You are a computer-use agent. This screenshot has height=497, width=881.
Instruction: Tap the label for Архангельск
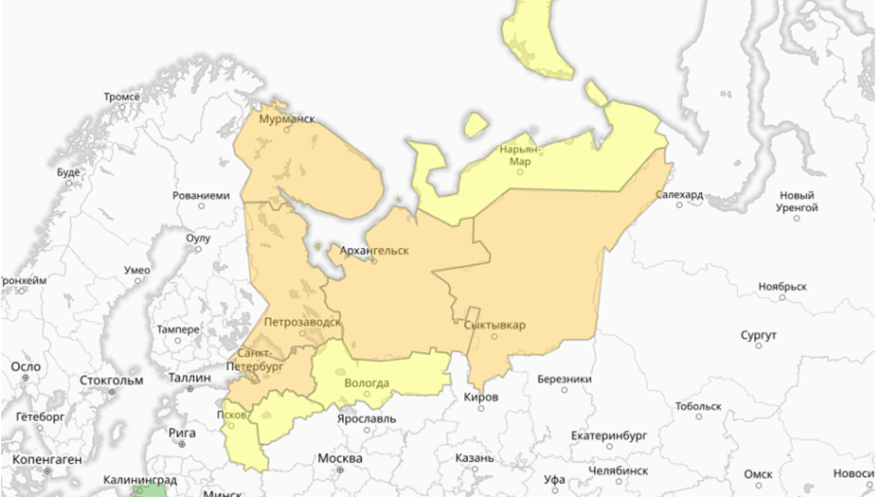374,250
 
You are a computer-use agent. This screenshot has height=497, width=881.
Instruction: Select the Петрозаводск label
302,322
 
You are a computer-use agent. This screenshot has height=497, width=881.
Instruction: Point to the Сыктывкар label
494,326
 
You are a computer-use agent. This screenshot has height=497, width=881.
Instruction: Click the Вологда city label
366,382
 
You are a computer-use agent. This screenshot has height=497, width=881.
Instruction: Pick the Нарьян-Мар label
521,154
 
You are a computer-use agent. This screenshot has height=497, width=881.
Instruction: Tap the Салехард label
679,194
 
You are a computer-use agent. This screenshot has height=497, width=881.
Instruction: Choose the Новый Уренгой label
797,201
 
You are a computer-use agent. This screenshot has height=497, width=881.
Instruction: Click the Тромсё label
121,96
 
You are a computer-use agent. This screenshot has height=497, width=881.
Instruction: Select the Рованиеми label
201,195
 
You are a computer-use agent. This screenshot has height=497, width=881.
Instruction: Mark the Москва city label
339,458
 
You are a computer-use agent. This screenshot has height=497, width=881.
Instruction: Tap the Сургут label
760,335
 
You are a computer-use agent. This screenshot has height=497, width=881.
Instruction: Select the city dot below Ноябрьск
782,300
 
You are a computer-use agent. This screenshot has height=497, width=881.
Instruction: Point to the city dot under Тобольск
699,416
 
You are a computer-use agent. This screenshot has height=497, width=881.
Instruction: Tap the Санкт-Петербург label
254,359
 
